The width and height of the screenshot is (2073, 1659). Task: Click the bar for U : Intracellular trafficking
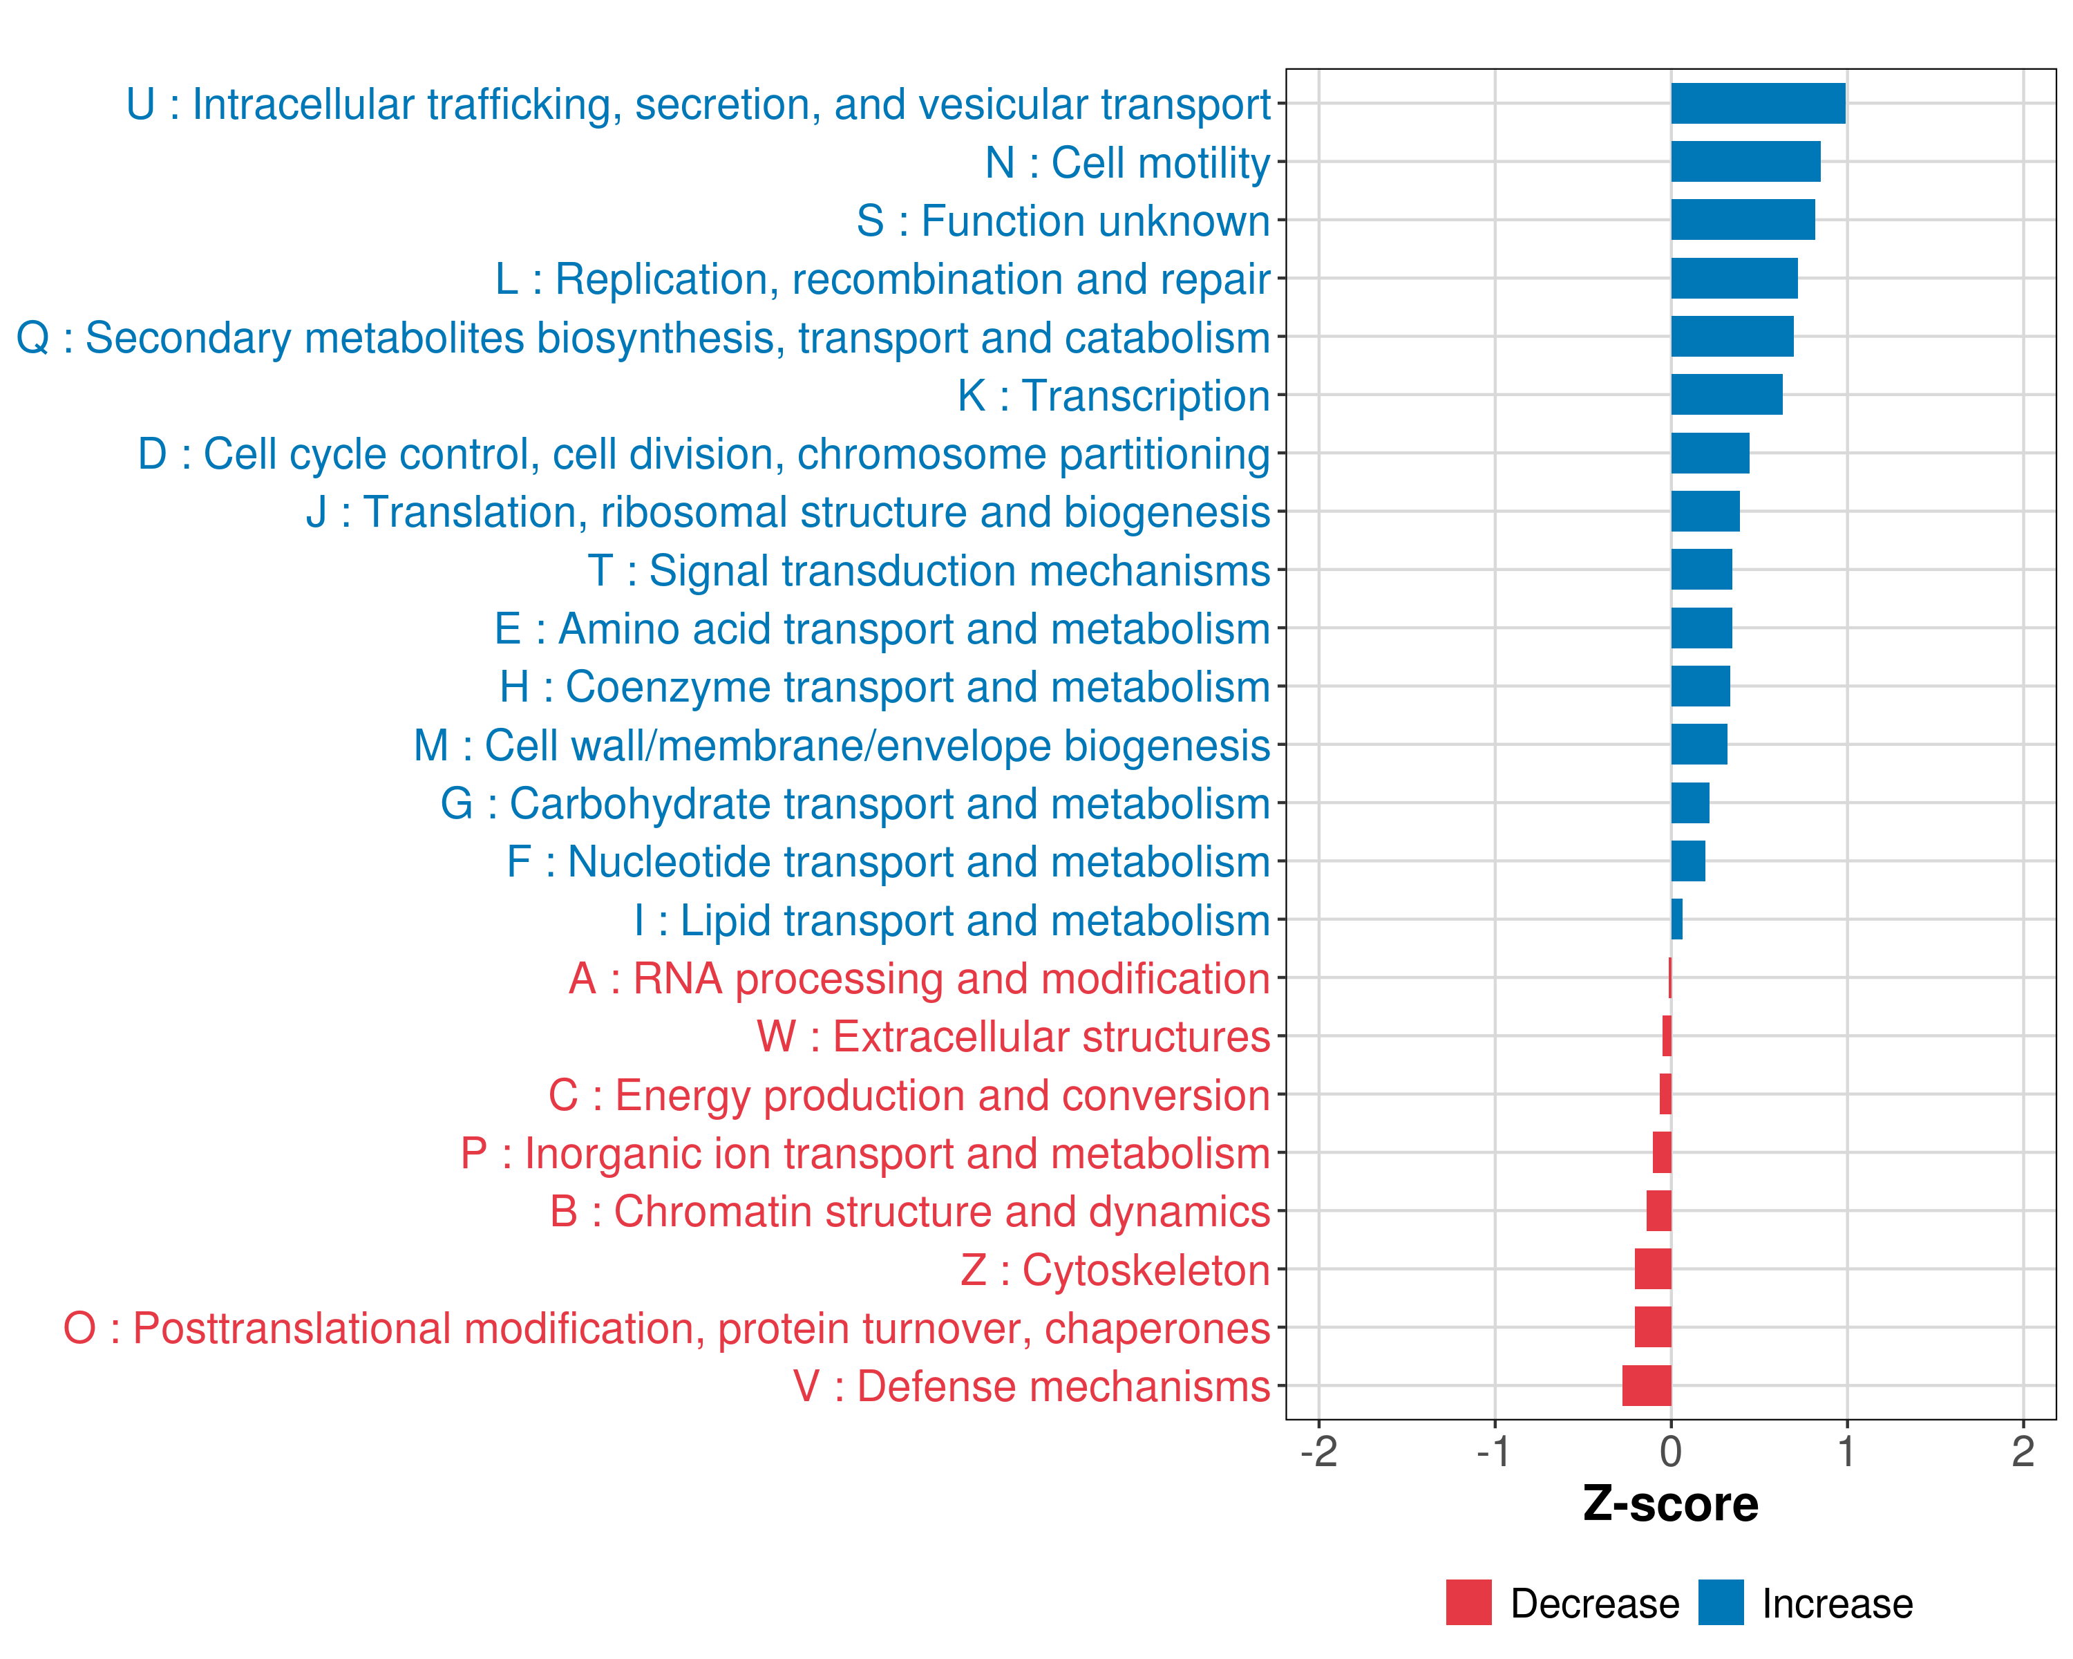click(1758, 104)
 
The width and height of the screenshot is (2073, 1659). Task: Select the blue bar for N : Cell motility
click(1745, 162)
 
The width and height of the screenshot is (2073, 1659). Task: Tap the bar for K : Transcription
click(1726, 394)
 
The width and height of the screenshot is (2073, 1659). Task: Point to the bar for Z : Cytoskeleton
click(1653, 1270)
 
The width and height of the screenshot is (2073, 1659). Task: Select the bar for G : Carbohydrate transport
click(1690, 803)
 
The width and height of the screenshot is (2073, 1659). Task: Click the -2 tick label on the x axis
click(1318, 1452)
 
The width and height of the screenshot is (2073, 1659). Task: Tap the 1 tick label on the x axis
click(1846, 1452)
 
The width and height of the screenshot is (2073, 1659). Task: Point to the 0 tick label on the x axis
click(1671, 1452)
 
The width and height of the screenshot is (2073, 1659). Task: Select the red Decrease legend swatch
click(1468, 1602)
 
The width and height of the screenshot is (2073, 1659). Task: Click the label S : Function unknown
click(1063, 221)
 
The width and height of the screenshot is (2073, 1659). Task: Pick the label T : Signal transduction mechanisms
click(929, 570)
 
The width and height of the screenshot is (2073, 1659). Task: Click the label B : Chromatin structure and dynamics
click(909, 1212)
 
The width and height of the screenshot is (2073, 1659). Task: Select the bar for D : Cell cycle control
click(1710, 453)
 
